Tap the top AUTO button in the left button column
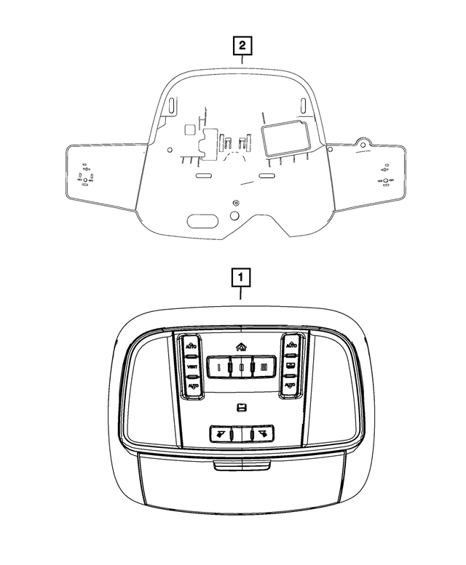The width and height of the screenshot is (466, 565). coord(191,345)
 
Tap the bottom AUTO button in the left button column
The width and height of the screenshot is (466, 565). coord(192,385)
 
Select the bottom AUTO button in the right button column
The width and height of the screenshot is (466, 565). coord(290,383)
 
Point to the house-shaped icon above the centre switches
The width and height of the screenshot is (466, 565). coord(241,347)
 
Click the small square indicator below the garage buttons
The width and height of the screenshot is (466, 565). coord(241,406)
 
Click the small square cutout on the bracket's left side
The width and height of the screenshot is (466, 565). coord(189,129)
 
